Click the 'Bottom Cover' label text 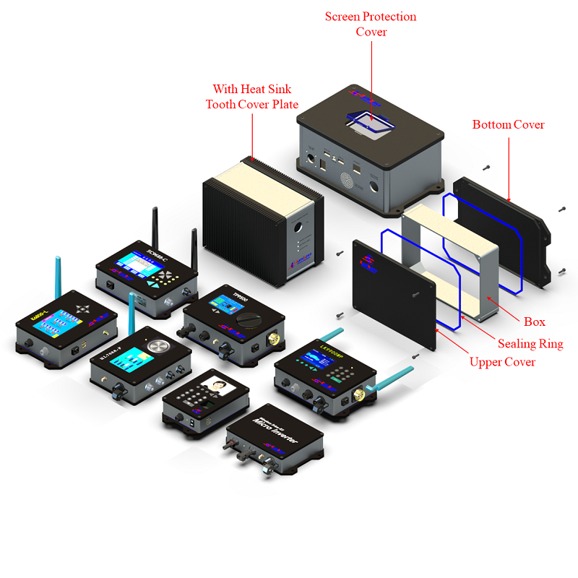tap(508, 124)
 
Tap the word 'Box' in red tap(534, 322)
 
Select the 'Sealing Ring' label tap(530, 344)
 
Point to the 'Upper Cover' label tap(502, 361)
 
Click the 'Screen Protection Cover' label tap(371, 24)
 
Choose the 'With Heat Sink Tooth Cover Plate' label tap(251, 96)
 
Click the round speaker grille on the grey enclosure tap(348, 178)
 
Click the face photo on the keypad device tap(215, 387)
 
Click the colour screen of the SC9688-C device tap(133, 266)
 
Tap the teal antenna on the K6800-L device tap(59, 275)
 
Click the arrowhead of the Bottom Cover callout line tap(509, 200)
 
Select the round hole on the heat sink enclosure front tap(298, 226)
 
